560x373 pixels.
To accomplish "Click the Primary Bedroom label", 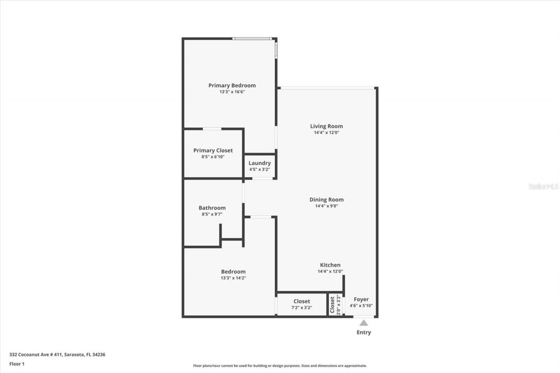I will coord(232,85).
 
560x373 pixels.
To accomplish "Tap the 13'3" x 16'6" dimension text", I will coord(232,92).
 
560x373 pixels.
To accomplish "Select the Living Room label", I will coord(326,126).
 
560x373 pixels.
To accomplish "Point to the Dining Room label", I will coord(326,200).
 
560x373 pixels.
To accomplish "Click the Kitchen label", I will coord(330,265).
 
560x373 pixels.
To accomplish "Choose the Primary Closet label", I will coord(213,150).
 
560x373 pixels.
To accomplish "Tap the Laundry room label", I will coord(259,163).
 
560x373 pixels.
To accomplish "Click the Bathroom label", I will coord(212,208).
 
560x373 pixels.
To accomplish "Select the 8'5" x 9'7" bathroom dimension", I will coord(212,214).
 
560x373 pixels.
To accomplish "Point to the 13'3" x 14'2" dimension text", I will coord(233,278).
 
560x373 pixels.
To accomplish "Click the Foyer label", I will coord(361,300).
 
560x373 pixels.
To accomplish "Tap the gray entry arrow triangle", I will coord(364,323).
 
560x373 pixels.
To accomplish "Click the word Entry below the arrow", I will coord(364,332).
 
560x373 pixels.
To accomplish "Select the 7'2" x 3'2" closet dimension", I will coord(302,307).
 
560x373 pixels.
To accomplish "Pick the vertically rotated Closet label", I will coord(332,305).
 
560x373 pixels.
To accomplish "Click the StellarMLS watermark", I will coord(543,186).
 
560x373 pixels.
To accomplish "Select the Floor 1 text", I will coord(17,364).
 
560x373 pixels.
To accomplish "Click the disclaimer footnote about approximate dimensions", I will coord(280,366).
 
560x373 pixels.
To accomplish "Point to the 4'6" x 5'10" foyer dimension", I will coord(361,306).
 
